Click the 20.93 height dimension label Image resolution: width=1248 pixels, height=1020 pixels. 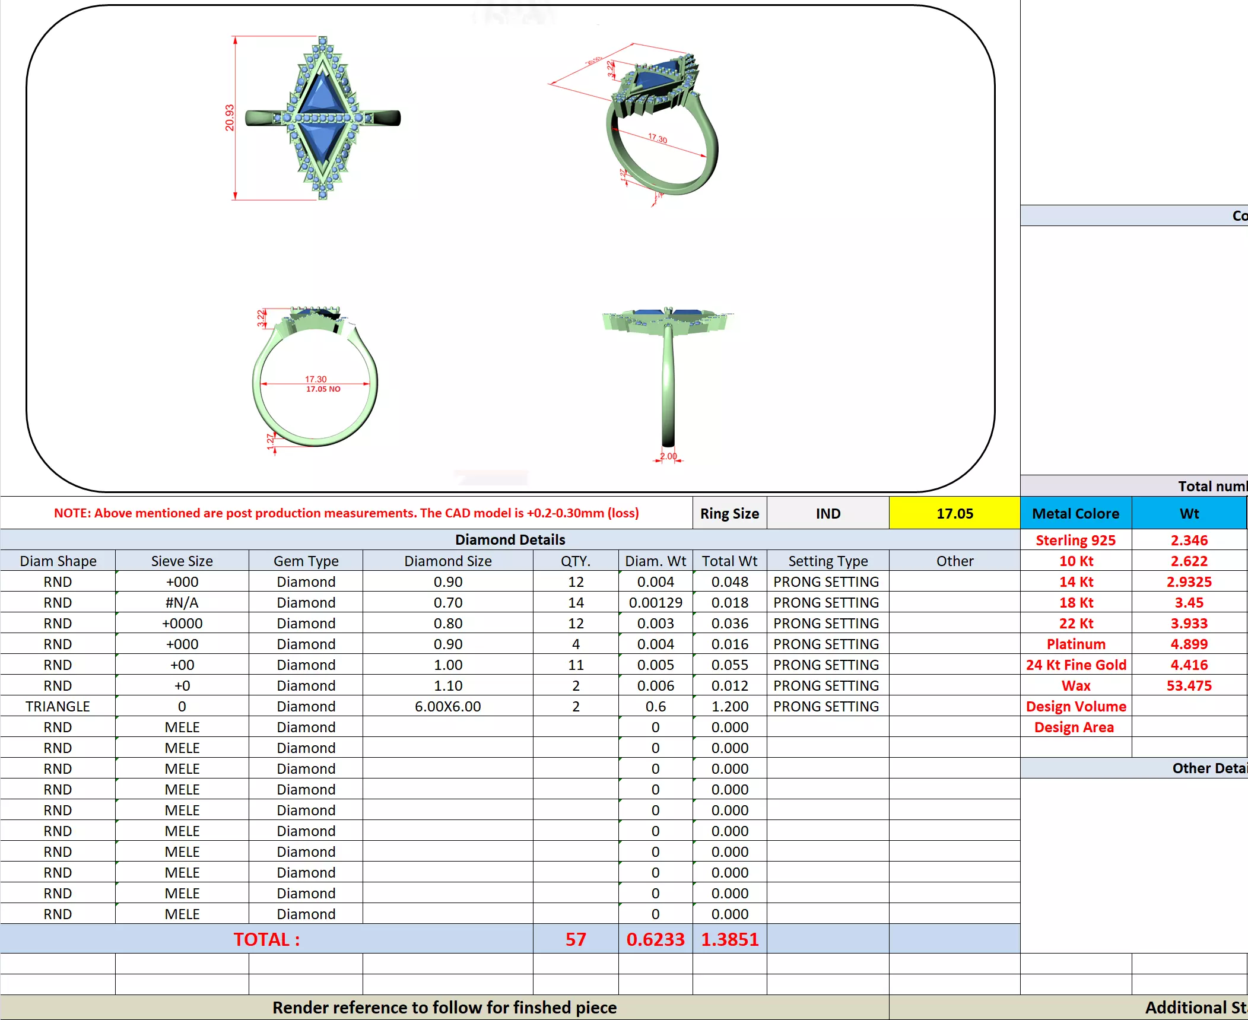point(230,117)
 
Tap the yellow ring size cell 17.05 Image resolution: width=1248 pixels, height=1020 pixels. point(954,513)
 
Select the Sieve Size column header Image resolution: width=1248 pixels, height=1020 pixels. point(182,561)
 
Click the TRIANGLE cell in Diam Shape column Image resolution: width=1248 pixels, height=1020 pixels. point(58,706)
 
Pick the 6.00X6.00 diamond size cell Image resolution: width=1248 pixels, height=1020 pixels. point(447,706)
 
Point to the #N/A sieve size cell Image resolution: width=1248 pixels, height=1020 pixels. point(182,602)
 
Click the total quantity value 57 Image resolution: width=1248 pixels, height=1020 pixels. point(575,939)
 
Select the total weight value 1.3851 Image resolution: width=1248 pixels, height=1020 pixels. point(729,939)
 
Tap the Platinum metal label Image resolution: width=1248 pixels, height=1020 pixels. point(1075,644)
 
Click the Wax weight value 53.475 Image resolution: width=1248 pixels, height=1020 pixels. point(1189,685)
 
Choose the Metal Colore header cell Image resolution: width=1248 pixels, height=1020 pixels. point(1075,513)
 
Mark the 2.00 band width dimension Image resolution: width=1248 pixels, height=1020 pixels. point(668,456)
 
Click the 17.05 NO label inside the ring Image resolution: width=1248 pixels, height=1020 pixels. point(323,389)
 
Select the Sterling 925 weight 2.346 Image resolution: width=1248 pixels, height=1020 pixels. point(1189,540)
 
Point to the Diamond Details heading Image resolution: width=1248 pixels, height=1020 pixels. point(510,539)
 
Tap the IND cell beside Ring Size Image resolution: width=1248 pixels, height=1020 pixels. point(827,513)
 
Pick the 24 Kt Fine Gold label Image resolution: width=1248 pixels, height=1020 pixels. point(1075,665)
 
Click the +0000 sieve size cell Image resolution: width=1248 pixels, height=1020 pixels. point(182,623)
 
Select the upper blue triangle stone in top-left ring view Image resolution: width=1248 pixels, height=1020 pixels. point(322,95)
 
